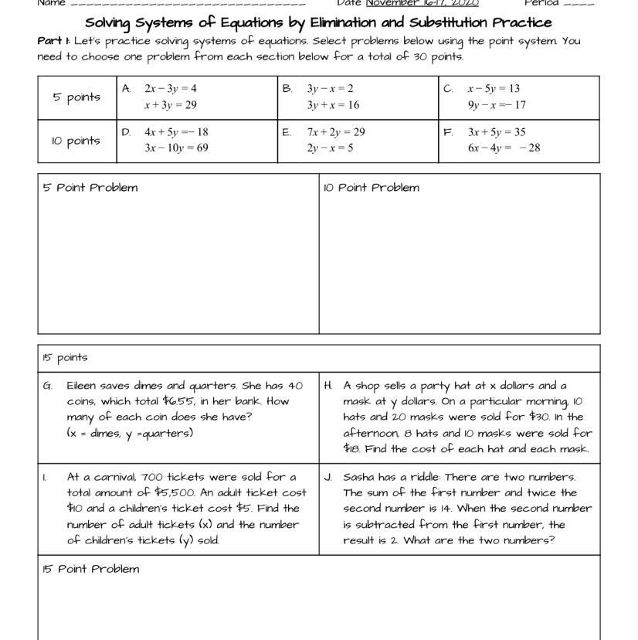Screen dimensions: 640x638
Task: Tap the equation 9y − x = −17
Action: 497,105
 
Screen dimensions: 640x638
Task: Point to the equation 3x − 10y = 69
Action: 176,148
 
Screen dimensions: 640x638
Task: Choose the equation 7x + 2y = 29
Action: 336,132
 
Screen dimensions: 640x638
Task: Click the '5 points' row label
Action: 76,97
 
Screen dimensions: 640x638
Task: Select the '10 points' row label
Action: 76,141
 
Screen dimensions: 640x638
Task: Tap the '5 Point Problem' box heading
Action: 90,188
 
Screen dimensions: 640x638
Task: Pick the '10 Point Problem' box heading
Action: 372,188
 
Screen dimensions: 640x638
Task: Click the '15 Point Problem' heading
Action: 91,570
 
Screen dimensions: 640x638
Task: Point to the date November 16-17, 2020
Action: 422,3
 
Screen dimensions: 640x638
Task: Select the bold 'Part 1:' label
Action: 54,41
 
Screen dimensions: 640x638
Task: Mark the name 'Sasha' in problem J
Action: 360,477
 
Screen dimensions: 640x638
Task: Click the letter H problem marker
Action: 328,385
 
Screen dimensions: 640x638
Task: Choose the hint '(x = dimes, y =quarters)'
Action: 130,434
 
